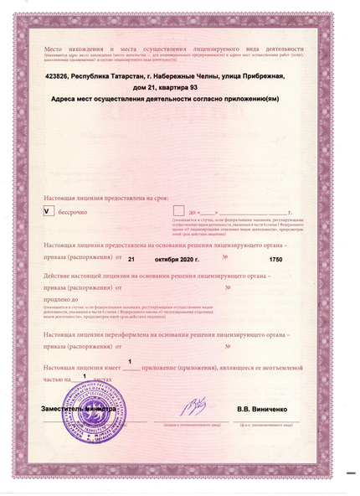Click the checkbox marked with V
48,212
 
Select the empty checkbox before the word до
178,212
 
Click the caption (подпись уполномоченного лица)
192,425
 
